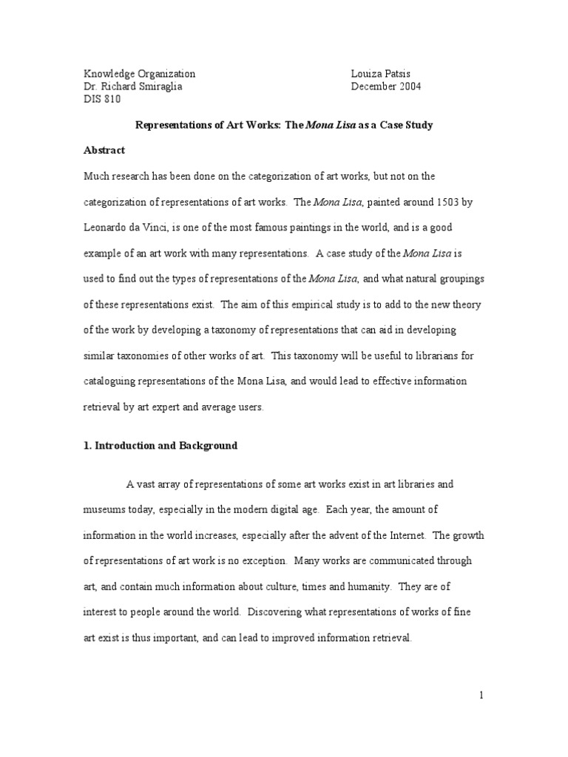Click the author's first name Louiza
point(367,73)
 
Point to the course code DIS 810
point(101,100)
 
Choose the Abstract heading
point(104,150)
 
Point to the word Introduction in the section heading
point(127,446)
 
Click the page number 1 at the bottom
point(481,695)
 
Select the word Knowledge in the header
point(109,73)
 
